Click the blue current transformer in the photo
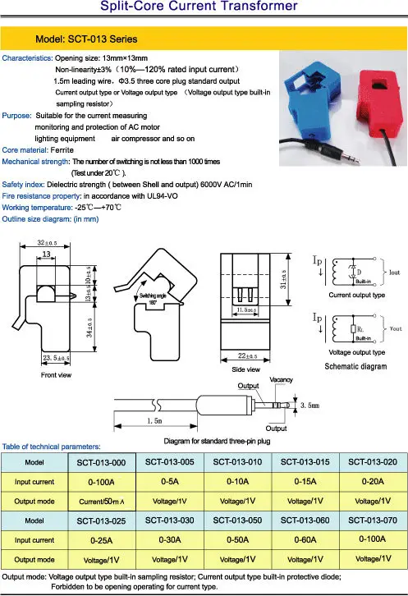pos(309,95)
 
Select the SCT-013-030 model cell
pos(170,519)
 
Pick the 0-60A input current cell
pos(305,539)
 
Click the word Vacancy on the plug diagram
pos(281,380)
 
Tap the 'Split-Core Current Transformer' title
pos(204,7)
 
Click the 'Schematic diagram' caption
pos(356,365)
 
